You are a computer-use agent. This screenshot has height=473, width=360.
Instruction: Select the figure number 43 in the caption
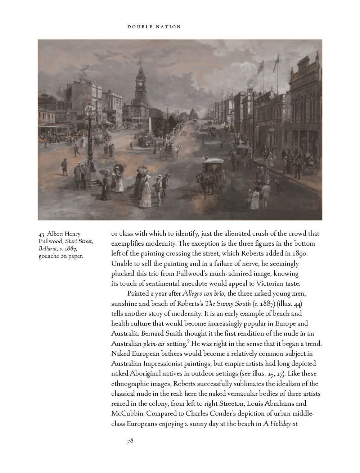coord(42,234)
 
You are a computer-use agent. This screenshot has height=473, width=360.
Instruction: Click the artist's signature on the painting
coord(65,212)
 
